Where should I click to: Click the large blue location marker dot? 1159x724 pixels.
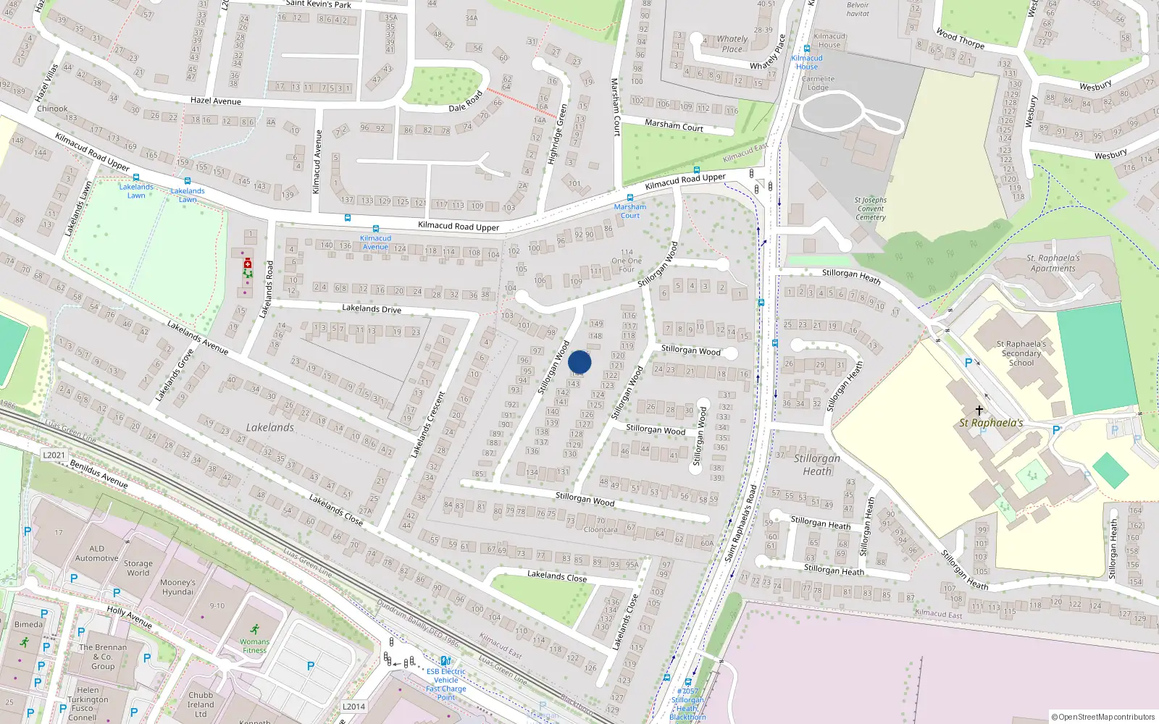[x=579, y=362]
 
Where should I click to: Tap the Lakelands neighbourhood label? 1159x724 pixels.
[x=270, y=427]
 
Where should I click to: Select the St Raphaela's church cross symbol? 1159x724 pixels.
[x=979, y=411]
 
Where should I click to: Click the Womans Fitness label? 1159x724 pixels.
[x=254, y=646]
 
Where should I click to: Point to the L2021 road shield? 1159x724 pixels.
[x=54, y=455]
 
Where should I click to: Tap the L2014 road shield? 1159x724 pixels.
[x=353, y=707]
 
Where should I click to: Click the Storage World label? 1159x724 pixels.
[x=138, y=568]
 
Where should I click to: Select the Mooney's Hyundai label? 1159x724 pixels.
[x=177, y=586]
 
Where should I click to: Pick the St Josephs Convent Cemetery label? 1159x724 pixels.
[x=870, y=209]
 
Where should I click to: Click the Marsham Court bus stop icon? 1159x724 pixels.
[x=630, y=198]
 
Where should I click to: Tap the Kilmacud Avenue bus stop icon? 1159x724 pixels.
[x=348, y=217]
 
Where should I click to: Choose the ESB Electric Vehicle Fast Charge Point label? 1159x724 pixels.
[x=445, y=684]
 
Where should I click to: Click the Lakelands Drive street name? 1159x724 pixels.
[x=371, y=308]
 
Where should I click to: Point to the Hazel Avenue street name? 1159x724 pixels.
[x=216, y=101]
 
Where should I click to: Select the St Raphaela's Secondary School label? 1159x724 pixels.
[x=1021, y=353]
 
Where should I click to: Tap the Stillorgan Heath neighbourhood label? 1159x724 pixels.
[x=817, y=464]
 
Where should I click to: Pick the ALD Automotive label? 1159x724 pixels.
[x=97, y=553]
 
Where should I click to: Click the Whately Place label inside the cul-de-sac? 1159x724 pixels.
[x=732, y=44]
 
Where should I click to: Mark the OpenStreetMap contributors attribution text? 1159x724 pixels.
[x=1103, y=717]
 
